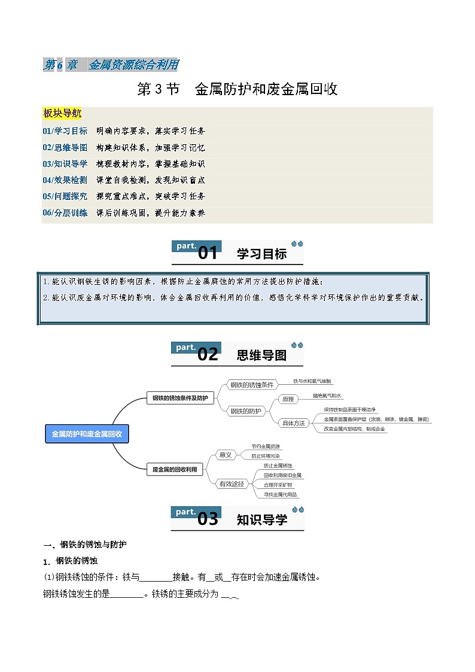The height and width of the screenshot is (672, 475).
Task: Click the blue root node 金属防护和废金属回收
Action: coord(87,434)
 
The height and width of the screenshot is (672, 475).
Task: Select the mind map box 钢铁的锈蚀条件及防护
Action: coord(180,398)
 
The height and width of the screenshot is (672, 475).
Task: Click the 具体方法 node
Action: coord(293,423)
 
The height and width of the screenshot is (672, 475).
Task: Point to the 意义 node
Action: coord(226,455)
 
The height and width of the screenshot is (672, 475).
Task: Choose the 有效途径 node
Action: coord(232,484)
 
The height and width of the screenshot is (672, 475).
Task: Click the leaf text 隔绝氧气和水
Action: coord(327,396)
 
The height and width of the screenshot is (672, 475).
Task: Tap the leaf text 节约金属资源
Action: coord(266,447)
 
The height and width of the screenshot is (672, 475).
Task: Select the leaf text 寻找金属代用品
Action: coord(281,495)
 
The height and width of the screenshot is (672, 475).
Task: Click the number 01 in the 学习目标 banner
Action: coord(208,254)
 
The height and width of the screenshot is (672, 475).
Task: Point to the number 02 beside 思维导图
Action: coord(208,355)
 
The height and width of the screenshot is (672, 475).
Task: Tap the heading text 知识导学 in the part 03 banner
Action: coord(262,519)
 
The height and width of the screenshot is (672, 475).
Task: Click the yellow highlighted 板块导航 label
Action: coord(62,114)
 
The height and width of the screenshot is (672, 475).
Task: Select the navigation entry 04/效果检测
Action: coord(65,180)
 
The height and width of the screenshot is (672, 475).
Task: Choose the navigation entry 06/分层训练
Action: coord(65,212)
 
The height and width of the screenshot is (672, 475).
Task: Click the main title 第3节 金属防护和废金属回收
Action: coord(237,90)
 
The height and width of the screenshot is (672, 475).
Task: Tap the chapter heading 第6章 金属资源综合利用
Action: coord(111,65)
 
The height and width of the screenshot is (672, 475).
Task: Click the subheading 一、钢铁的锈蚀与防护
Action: coord(85,545)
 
